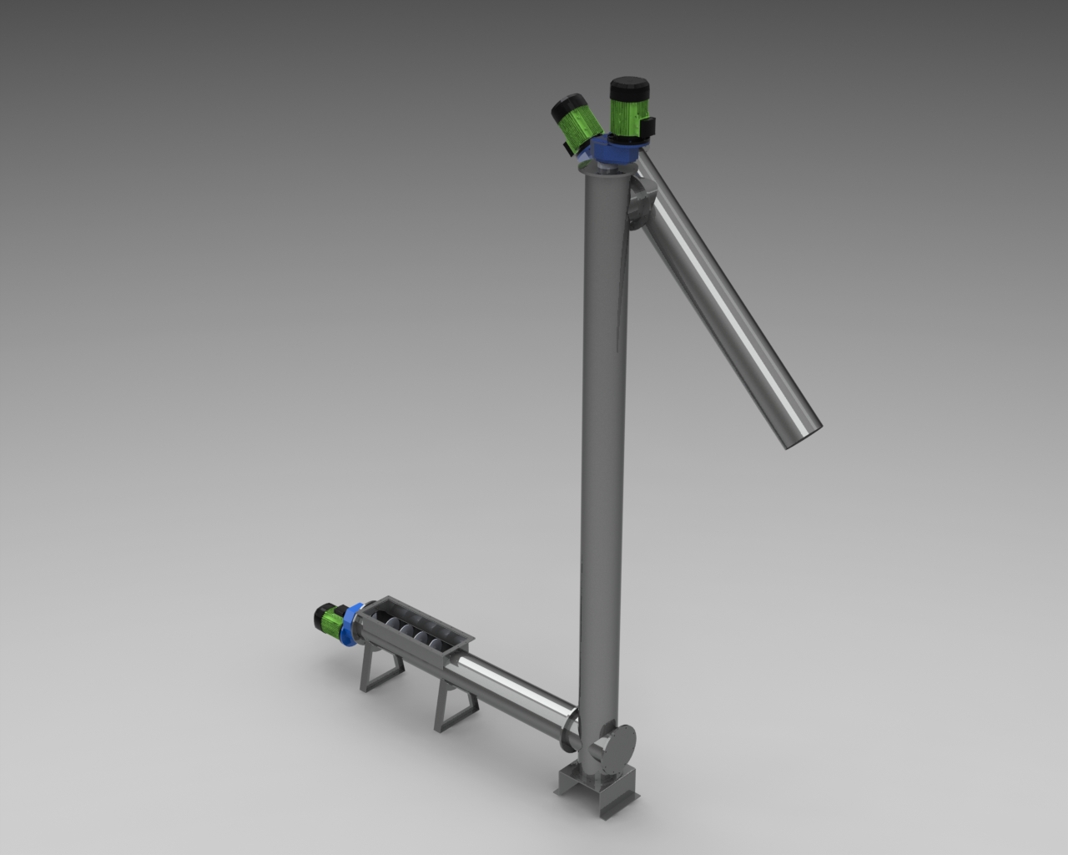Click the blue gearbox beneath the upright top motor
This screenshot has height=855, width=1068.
[616, 153]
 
